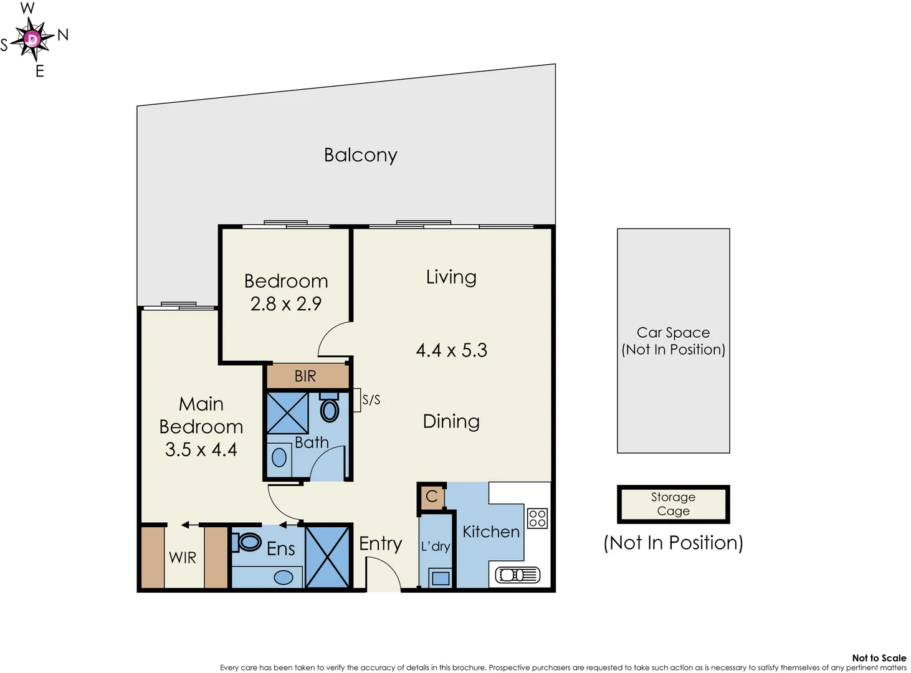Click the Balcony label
(360, 155)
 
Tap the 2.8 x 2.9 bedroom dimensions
(286, 304)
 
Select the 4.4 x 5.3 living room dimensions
(451, 350)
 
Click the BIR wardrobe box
(306, 376)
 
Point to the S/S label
(371, 400)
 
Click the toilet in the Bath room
(329, 409)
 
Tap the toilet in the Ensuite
(249, 542)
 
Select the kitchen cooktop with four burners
(537, 518)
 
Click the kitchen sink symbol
(517, 575)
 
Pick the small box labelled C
(432, 497)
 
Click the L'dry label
(435, 547)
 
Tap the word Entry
(380, 543)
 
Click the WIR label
(183, 558)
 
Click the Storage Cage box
(673, 504)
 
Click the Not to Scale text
(879, 658)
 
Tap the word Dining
(451, 422)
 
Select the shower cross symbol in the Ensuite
(328, 557)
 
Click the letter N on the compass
(63, 35)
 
